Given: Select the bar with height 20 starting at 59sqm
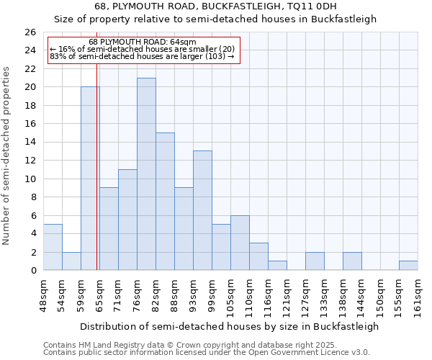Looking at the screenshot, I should click(x=90, y=179).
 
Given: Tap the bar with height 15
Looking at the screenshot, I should click(x=165, y=202).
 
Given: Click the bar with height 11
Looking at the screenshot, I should click(x=127, y=220).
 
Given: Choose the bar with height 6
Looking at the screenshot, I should click(x=240, y=243).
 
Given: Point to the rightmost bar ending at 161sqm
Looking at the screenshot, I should click(x=408, y=266).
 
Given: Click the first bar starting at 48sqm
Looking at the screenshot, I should click(x=53, y=247).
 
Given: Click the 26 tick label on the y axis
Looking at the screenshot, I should click(x=30, y=32).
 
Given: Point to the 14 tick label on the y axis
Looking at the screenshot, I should click(x=30, y=142).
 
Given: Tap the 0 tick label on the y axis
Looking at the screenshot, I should click(x=32, y=271).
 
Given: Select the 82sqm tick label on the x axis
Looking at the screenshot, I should click(x=156, y=294).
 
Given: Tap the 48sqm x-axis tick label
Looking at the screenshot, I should click(x=43, y=294).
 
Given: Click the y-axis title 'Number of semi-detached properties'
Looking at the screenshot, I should click(x=7, y=156).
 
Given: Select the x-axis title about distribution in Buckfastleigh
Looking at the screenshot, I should click(x=230, y=326).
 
